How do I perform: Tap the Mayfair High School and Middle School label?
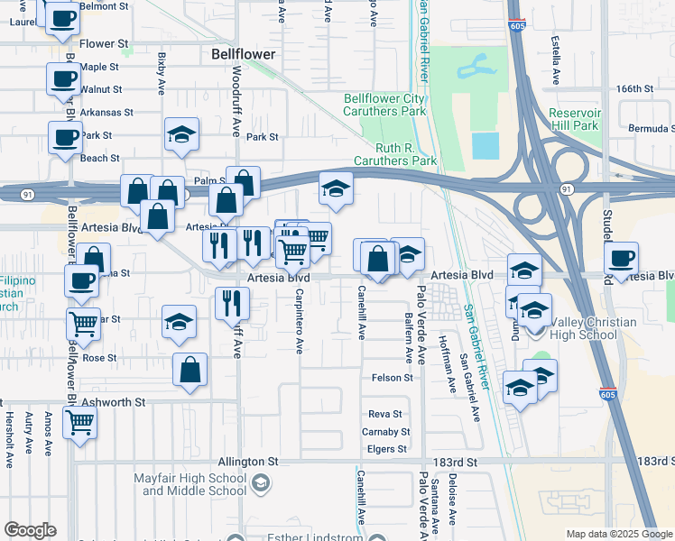click(194, 484)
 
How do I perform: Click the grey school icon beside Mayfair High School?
click(262, 484)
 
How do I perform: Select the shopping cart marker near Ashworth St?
click(80, 421)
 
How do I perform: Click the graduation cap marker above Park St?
click(181, 135)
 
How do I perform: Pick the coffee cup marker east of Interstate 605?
click(621, 258)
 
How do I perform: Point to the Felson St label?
click(392, 378)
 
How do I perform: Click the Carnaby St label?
click(389, 432)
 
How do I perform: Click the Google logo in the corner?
click(30, 530)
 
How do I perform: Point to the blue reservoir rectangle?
click(485, 145)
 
